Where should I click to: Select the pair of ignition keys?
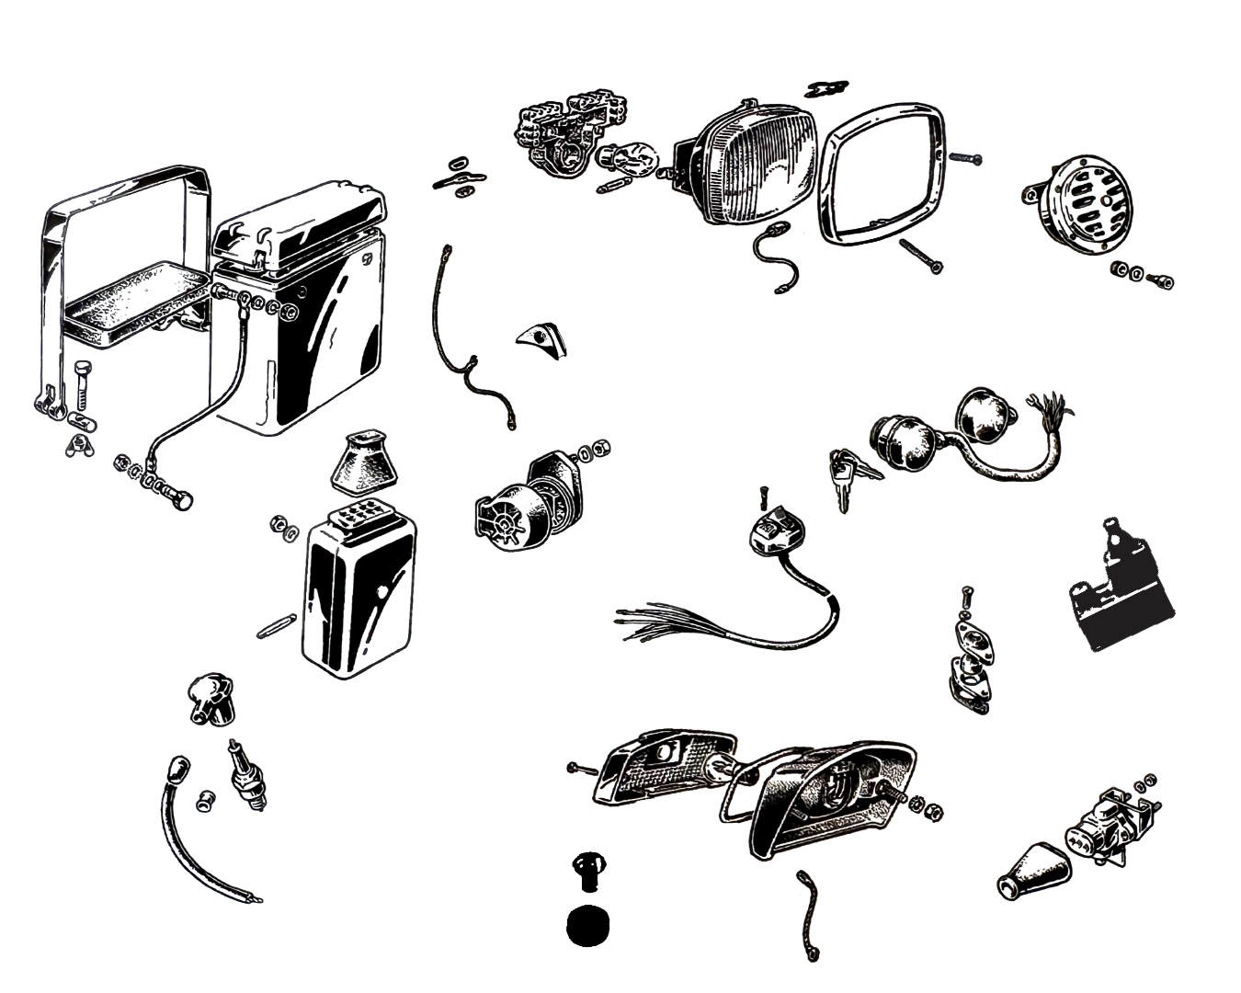(x=849, y=474)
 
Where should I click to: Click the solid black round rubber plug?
(x=589, y=926)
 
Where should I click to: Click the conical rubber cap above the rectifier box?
(x=360, y=465)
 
